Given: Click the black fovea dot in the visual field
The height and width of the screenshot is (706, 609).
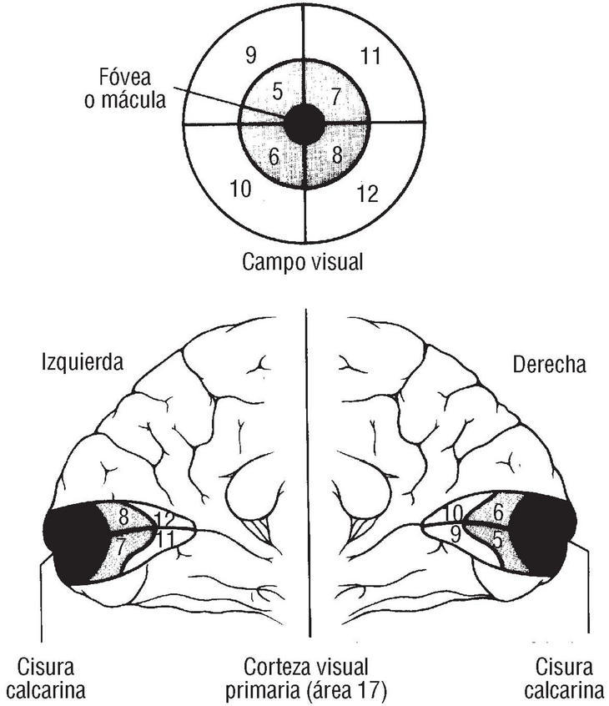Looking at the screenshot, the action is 304,124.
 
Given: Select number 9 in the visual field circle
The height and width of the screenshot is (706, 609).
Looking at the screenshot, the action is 249,56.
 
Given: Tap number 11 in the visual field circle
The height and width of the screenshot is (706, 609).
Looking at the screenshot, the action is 371,57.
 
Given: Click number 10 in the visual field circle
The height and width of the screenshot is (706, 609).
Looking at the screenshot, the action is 240,189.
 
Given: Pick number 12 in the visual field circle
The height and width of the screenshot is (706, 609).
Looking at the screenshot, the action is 367,194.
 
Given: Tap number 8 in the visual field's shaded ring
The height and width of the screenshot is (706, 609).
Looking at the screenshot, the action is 336,155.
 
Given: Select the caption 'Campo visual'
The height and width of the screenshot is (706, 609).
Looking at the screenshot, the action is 303,261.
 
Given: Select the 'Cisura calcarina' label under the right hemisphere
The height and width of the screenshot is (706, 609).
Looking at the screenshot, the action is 564,678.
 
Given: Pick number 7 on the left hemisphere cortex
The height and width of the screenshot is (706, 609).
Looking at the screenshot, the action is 121,547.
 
